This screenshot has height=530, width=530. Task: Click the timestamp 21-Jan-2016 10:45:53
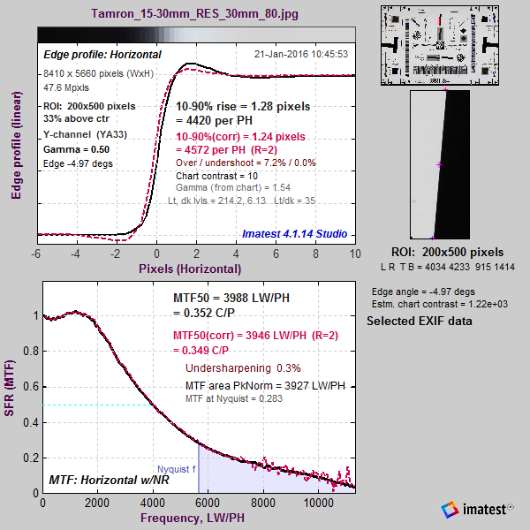point(300,54)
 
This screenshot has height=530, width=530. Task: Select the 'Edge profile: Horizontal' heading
point(102,55)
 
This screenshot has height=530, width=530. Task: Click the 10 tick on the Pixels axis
point(355,253)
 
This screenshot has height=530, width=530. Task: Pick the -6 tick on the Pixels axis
point(36,253)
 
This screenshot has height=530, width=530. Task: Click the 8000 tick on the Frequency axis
point(262,503)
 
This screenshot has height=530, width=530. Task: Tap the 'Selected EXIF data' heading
point(419,321)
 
